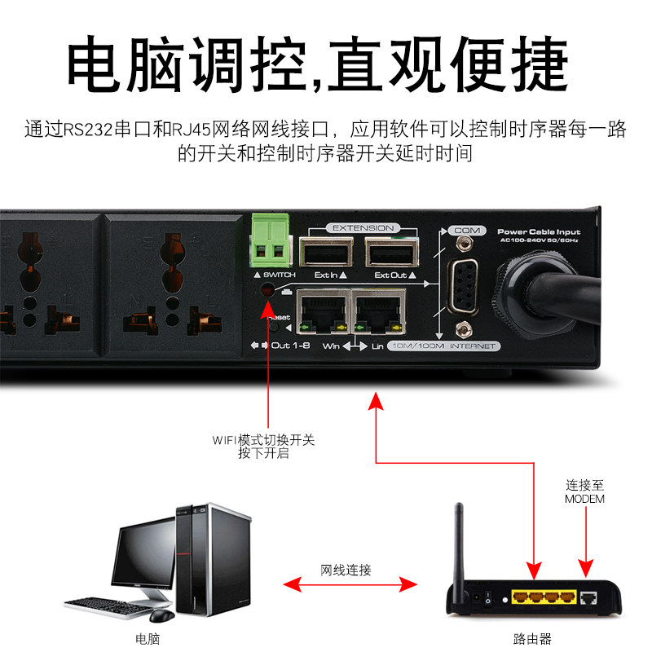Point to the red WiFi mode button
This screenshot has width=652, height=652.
point(267,290)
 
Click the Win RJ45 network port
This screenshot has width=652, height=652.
point(322,312)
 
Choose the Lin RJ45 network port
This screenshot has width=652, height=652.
point(380,312)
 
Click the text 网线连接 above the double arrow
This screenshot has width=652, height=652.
point(346,570)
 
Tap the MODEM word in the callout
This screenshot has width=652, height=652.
point(584,498)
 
